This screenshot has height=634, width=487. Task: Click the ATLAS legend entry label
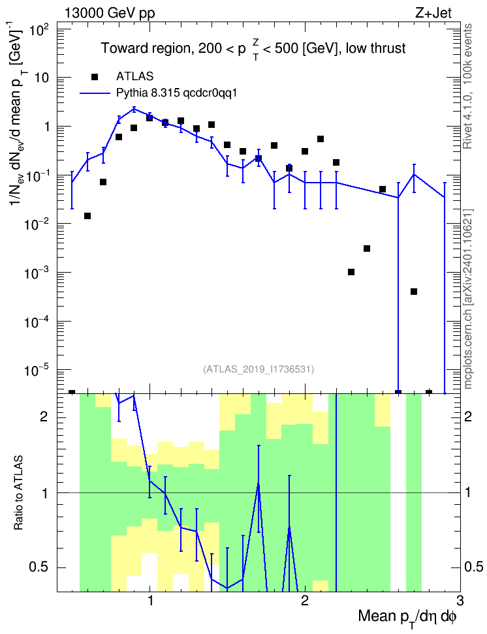point(134,76)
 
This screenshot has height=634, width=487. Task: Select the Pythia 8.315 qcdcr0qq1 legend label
point(176,93)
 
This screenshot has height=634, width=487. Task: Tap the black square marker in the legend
point(95,76)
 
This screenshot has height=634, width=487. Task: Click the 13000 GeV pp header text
point(109,13)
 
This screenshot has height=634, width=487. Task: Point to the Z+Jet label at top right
point(433,13)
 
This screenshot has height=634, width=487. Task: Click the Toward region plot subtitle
point(253,49)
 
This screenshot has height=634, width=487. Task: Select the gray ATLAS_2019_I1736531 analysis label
point(259,369)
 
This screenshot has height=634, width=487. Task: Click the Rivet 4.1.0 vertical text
point(467,86)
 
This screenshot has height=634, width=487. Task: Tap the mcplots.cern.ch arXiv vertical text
point(468,299)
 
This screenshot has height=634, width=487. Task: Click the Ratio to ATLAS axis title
point(19,492)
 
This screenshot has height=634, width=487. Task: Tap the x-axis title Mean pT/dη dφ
point(407,618)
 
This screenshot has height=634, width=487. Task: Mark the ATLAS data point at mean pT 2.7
point(414,292)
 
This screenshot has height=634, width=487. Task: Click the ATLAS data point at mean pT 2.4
point(367,249)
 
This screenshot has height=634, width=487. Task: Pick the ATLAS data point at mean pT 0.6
point(87,216)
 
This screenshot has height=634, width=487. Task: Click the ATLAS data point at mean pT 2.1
point(321,139)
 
